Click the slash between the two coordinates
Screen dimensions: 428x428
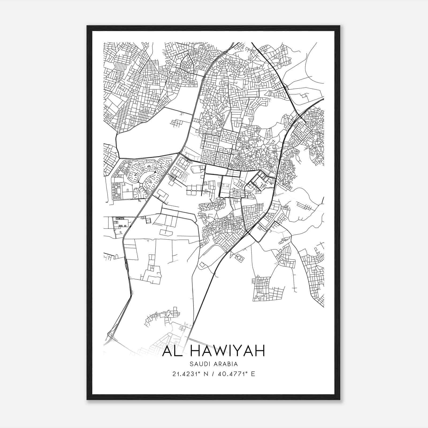pos(213,374)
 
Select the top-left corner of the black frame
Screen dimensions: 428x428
pos(87,26)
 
